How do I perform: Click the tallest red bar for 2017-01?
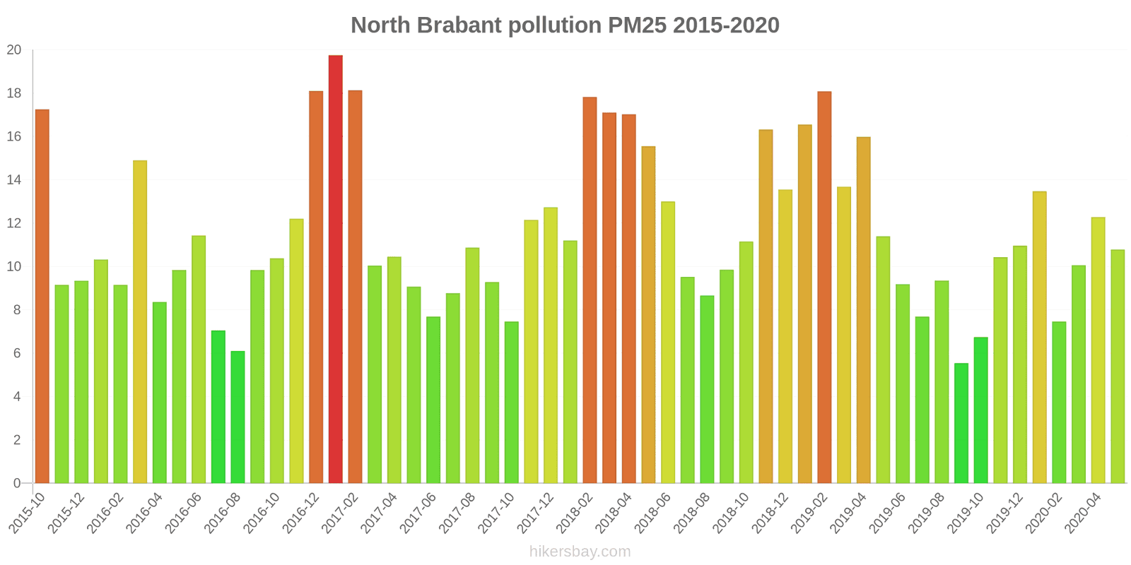(x=335, y=269)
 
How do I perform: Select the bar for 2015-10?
(x=42, y=297)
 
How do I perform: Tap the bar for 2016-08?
(x=238, y=417)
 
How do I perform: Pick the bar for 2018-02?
(x=590, y=290)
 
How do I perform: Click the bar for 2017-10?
(x=511, y=403)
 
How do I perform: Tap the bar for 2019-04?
(x=863, y=310)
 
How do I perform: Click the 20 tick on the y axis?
(x=14, y=50)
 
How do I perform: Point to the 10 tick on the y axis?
(x=14, y=267)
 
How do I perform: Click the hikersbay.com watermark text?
(x=580, y=552)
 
